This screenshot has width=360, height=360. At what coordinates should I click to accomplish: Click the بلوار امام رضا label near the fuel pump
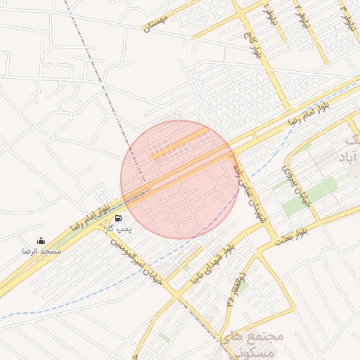[x=91, y=215]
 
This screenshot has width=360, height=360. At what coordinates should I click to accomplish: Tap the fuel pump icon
[x=117, y=218]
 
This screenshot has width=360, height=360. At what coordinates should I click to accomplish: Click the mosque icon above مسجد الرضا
[x=41, y=240]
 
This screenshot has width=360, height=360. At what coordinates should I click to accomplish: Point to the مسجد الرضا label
[x=41, y=251]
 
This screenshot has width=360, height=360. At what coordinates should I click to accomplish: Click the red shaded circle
[x=179, y=179]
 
